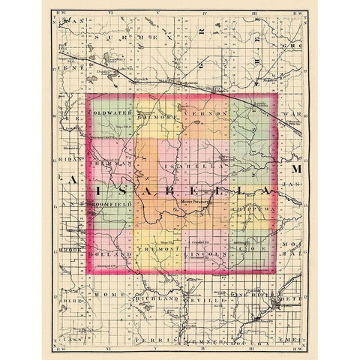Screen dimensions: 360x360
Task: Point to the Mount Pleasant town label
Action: (196, 202)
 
